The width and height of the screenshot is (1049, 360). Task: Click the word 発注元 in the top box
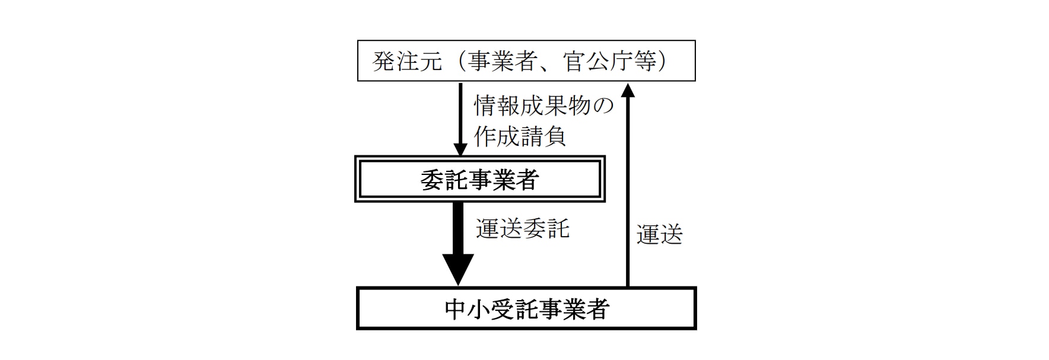point(407,62)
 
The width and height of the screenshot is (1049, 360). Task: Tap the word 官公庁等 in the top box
point(611,62)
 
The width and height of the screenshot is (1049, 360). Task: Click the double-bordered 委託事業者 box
point(479,180)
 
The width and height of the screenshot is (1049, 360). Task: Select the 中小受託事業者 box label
point(526,309)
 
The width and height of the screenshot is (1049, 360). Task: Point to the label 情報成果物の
point(543,106)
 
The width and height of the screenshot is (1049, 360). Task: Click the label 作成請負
point(520,136)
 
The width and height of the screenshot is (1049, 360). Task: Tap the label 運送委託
point(523,228)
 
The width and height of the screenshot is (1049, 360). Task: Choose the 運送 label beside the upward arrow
point(660,235)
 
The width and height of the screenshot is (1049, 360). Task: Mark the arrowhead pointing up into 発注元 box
point(628,89)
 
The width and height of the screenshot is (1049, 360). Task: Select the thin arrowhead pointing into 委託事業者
point(460,149)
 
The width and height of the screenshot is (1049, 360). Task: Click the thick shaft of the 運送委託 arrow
point(458,228)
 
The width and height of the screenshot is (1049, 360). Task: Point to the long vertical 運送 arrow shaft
point(628,190)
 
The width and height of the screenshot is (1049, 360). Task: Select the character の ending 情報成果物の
point(603,106)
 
